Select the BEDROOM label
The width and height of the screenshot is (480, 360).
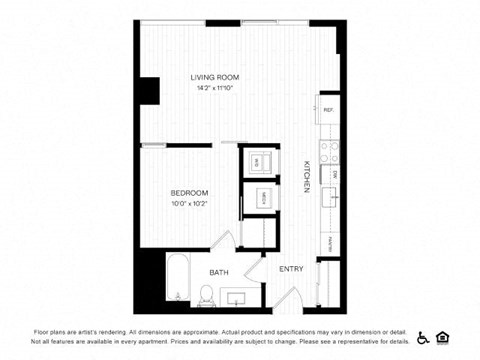click(x=189, y=192)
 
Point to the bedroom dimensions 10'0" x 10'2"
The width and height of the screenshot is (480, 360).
click(x=189, y=203)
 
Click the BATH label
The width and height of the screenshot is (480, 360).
click(x=220, y=272)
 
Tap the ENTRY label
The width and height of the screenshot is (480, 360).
click(x=291, y=269)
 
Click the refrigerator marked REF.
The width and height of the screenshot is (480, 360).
click(x=327, y=109)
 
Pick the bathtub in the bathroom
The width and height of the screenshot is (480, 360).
click(x=178, y=278)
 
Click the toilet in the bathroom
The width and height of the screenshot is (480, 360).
click(x=206, y=293)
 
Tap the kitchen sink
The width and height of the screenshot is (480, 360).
click(x=328, y=194)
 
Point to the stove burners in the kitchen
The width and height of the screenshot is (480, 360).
click(x=330, y=150)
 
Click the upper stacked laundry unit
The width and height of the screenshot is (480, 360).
click(x=256, y=161)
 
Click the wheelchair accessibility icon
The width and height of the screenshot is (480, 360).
click(x=422, y=337)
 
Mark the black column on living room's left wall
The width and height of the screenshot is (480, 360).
click(x=150, y=90)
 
